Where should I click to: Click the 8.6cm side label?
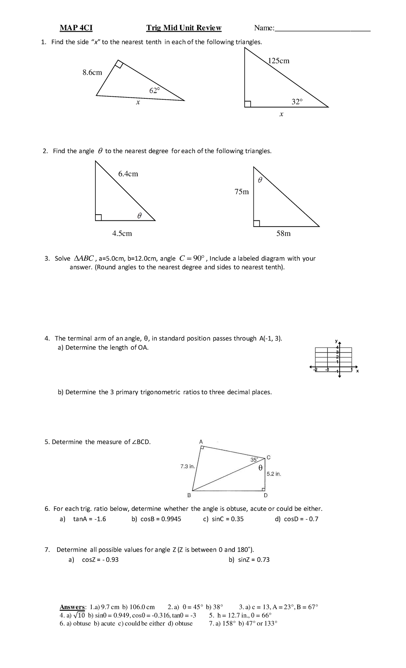pyautogui.click(x=92, y=72)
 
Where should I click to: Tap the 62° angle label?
pyautogui.click(x=154, y=90)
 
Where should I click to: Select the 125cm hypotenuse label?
pyautogui.click(x=278, y=61)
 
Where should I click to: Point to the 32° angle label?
pyautogui.click(x=297, y=101)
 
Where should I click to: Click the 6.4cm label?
pyautogui.click(x=128, y=174)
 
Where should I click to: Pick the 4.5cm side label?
pyautogui.click(x=122, y=233)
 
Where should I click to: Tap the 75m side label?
pyautogui.click(x=242, y=192)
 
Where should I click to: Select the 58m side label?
pyautogui.click(x=284, y=233)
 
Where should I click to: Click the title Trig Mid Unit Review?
pyautogui.click(x=184, y=28)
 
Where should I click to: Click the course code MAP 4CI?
pyautogui.click(x=76, y=28)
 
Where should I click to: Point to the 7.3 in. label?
pyautogui.click(x=187, y=466)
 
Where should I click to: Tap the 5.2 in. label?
pyautogui.click(x=274, y=474)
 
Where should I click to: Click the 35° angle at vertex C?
pyautogui.click(x=254, y=459)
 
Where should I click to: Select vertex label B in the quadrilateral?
pyautogui.click(x=189, y=495)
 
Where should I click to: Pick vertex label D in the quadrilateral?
pyautogui.click(x=266, y=495)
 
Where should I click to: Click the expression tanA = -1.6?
pyautogui.click(x=89, y=519)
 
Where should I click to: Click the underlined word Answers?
pyautogui.click(x=72, y=607)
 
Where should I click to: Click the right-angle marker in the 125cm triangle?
pyautogui.click(x=248, y=104)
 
